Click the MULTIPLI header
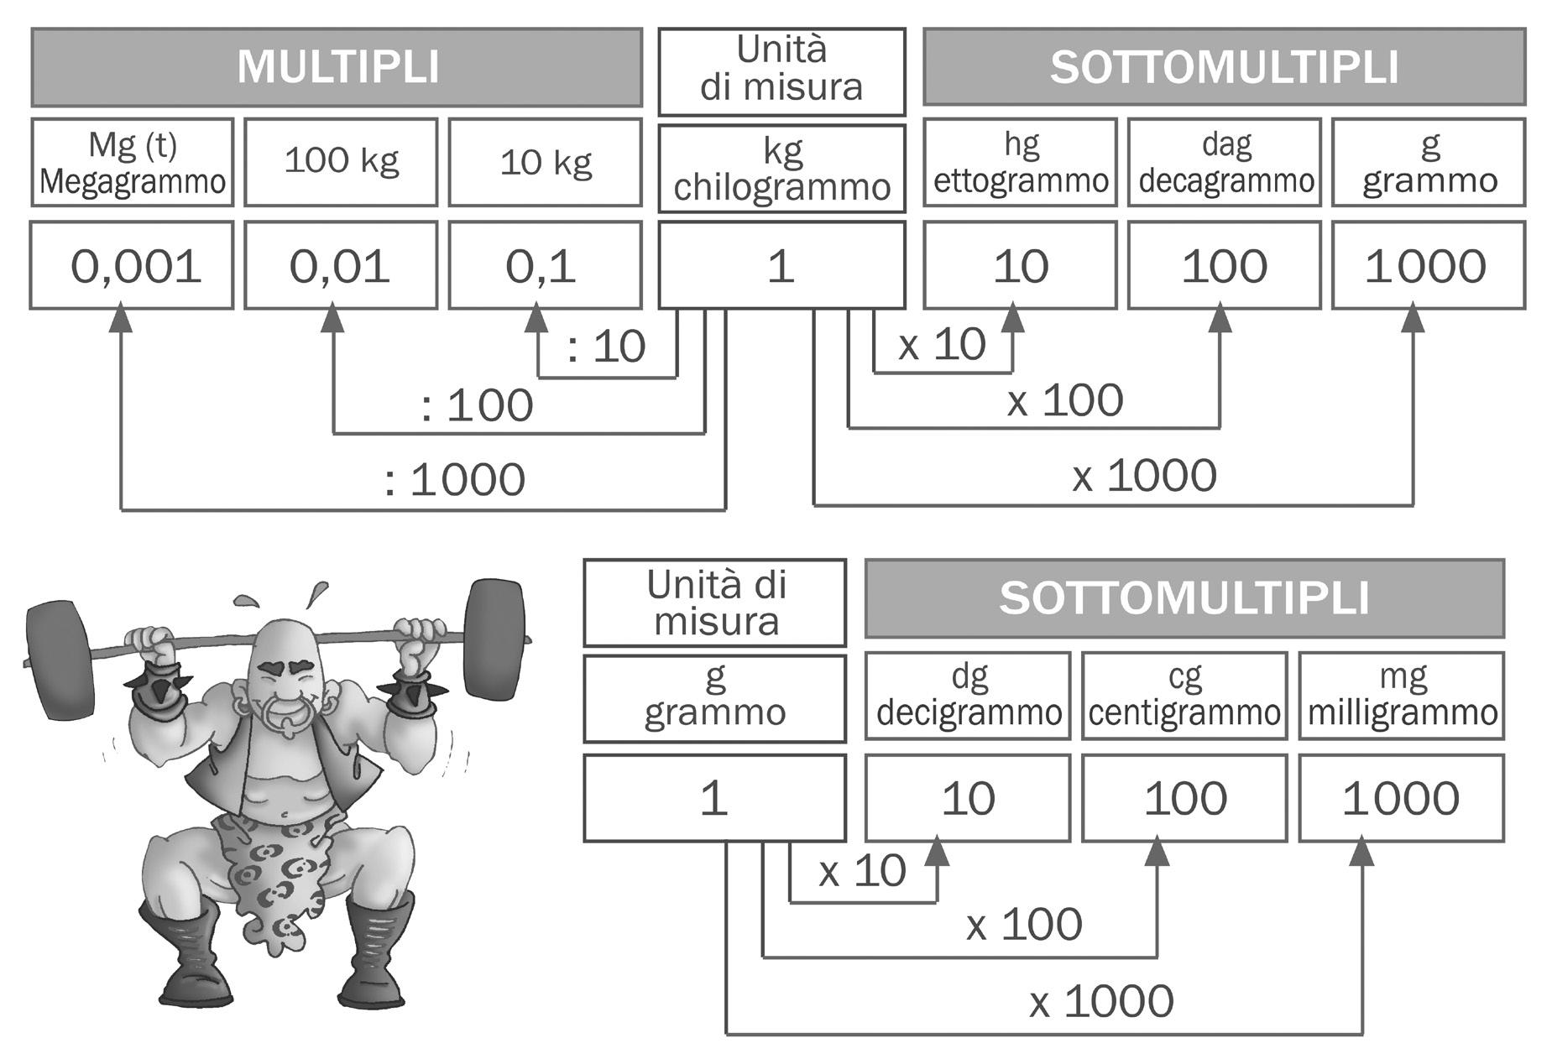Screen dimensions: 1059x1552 [x=337, y=67]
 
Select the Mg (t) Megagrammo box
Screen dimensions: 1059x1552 [x=132, y=163]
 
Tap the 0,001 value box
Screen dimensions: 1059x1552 [x=132, y=266]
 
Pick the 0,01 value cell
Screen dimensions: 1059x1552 [x=340, y=266]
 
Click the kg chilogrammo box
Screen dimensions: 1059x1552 [x=781, y=169]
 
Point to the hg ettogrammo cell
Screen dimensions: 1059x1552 [x=1020, y=163]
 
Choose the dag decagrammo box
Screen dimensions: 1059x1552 [x=1224, y=163]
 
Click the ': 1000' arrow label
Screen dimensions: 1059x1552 [x=454, y=480]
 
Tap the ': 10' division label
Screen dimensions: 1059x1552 [x=606, y=346]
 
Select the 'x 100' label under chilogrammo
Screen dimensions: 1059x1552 [x=1065, y=400]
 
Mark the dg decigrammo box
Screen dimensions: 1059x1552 [x=968, y=696]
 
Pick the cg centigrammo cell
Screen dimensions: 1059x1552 [x=1184, y=696]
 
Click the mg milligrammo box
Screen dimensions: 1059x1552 [x=1401, y=696]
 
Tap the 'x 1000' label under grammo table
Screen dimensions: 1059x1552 [x=1101, y=1002]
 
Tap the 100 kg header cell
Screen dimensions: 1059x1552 [x=340, y=162]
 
